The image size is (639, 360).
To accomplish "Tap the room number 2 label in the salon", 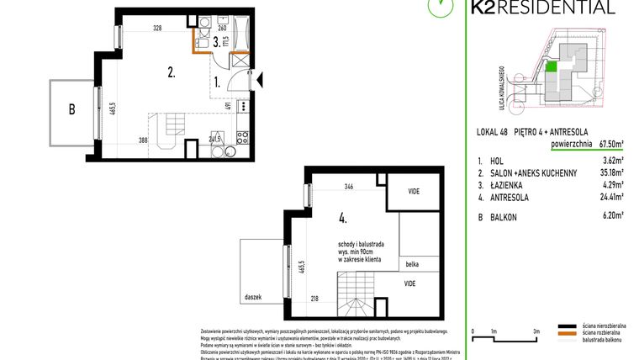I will [171, 72].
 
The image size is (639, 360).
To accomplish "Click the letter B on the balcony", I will [71, 109].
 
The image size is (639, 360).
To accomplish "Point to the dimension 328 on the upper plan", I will [157, 28].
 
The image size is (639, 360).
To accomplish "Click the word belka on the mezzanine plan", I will [411, 263].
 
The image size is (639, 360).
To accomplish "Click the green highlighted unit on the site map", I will [552, 66].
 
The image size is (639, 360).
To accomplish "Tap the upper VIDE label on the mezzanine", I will [414, 191].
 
